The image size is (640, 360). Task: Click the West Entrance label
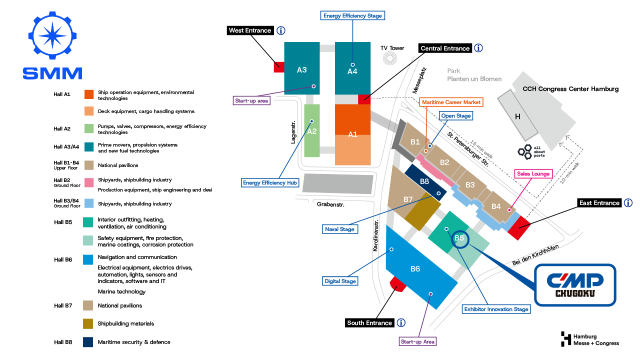[250, 30]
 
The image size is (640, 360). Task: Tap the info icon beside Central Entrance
[478, 48]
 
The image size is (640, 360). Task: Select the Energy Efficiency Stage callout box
[352, 15]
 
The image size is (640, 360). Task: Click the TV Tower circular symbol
[389, 58]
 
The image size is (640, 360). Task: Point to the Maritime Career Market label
[451, 102]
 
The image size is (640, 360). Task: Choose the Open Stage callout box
[456, 115]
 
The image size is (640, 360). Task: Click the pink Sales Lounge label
[533, 173]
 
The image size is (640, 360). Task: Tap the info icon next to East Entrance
[628, 203]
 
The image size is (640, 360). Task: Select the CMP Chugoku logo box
[575, 285]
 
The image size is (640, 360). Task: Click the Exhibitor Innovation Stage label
[496, 309]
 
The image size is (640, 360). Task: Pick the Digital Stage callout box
[340, 281]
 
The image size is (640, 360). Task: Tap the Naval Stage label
[339, 229]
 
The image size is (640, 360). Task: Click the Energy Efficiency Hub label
[270, 182]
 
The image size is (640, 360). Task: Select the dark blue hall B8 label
[424, 181]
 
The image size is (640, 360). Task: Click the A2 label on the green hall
[311, 131]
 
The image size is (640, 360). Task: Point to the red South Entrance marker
[398, 284]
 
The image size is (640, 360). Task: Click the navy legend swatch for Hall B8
[88, 342]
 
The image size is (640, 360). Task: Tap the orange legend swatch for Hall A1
[89, 94]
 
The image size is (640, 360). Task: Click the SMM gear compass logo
[52, 35]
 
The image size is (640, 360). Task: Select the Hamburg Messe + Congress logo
[589, 339]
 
